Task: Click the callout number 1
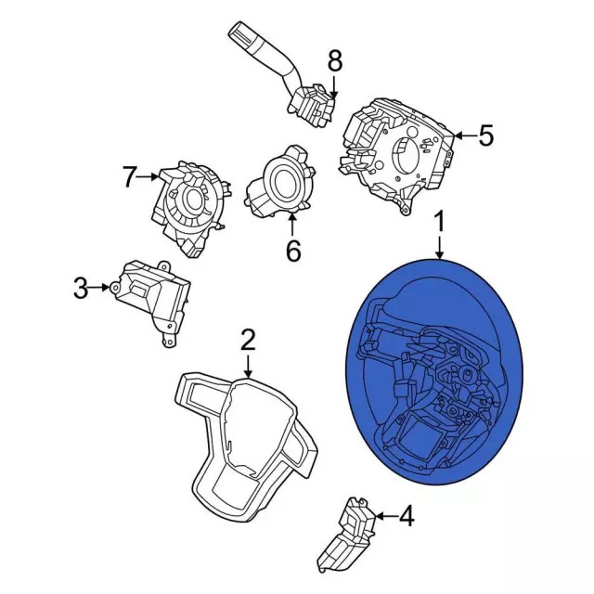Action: coord(440,223)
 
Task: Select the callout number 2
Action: coord(247,340)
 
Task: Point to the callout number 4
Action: coord(406,515)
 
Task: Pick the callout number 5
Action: coord(485,136)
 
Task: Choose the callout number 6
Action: coord(293,251)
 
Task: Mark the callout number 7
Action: coord(130,175)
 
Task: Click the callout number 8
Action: coord(334,62)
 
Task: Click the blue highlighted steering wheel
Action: coord(436,371)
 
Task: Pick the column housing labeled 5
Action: coord(399,148)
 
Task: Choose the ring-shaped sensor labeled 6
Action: coord(280,182)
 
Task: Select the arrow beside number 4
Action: coord(384,515)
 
